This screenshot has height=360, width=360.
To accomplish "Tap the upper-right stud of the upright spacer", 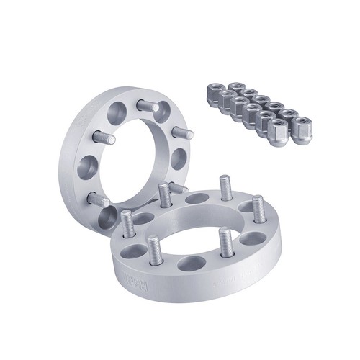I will [182, 132].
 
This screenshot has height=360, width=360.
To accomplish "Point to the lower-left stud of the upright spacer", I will [97, 199].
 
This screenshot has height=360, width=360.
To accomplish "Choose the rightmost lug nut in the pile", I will [302, 133].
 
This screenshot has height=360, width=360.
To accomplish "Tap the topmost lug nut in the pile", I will [235, 88].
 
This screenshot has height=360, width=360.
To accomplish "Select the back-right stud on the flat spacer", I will [226, 188].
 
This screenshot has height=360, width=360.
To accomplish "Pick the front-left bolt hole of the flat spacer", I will [135, 251].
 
